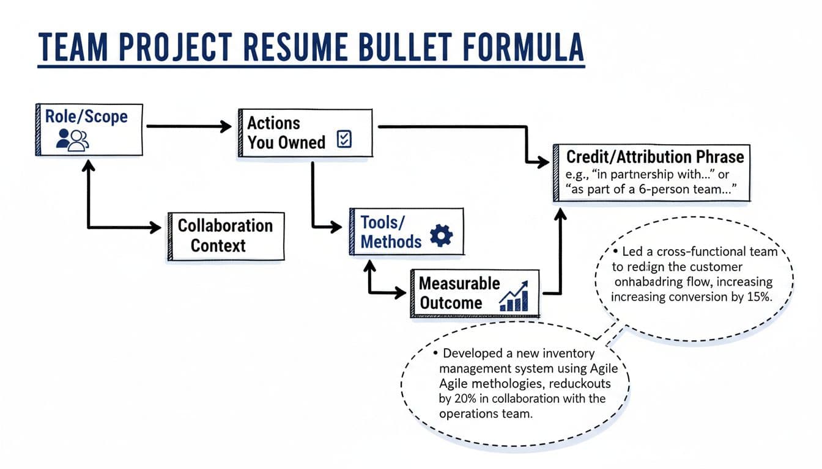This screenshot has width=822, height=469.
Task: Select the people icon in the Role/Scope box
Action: pyautogui.click(x=72, y=139)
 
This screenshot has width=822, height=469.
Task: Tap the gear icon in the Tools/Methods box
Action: pyautogui.click(x=441, y=236)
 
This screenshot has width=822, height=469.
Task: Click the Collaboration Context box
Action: pyautogui.click(x=226, y=236)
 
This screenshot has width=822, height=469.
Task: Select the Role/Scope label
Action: pyautogui.click(x=86, y=116)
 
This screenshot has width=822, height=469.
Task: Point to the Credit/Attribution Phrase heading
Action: pyautogui.click(x=655, y=156)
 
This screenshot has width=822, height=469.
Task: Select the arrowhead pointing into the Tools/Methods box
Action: pyautogui.click(x=336, y=227)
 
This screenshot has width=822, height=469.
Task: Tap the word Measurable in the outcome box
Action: pyautogui.click(x=459, y=283)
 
